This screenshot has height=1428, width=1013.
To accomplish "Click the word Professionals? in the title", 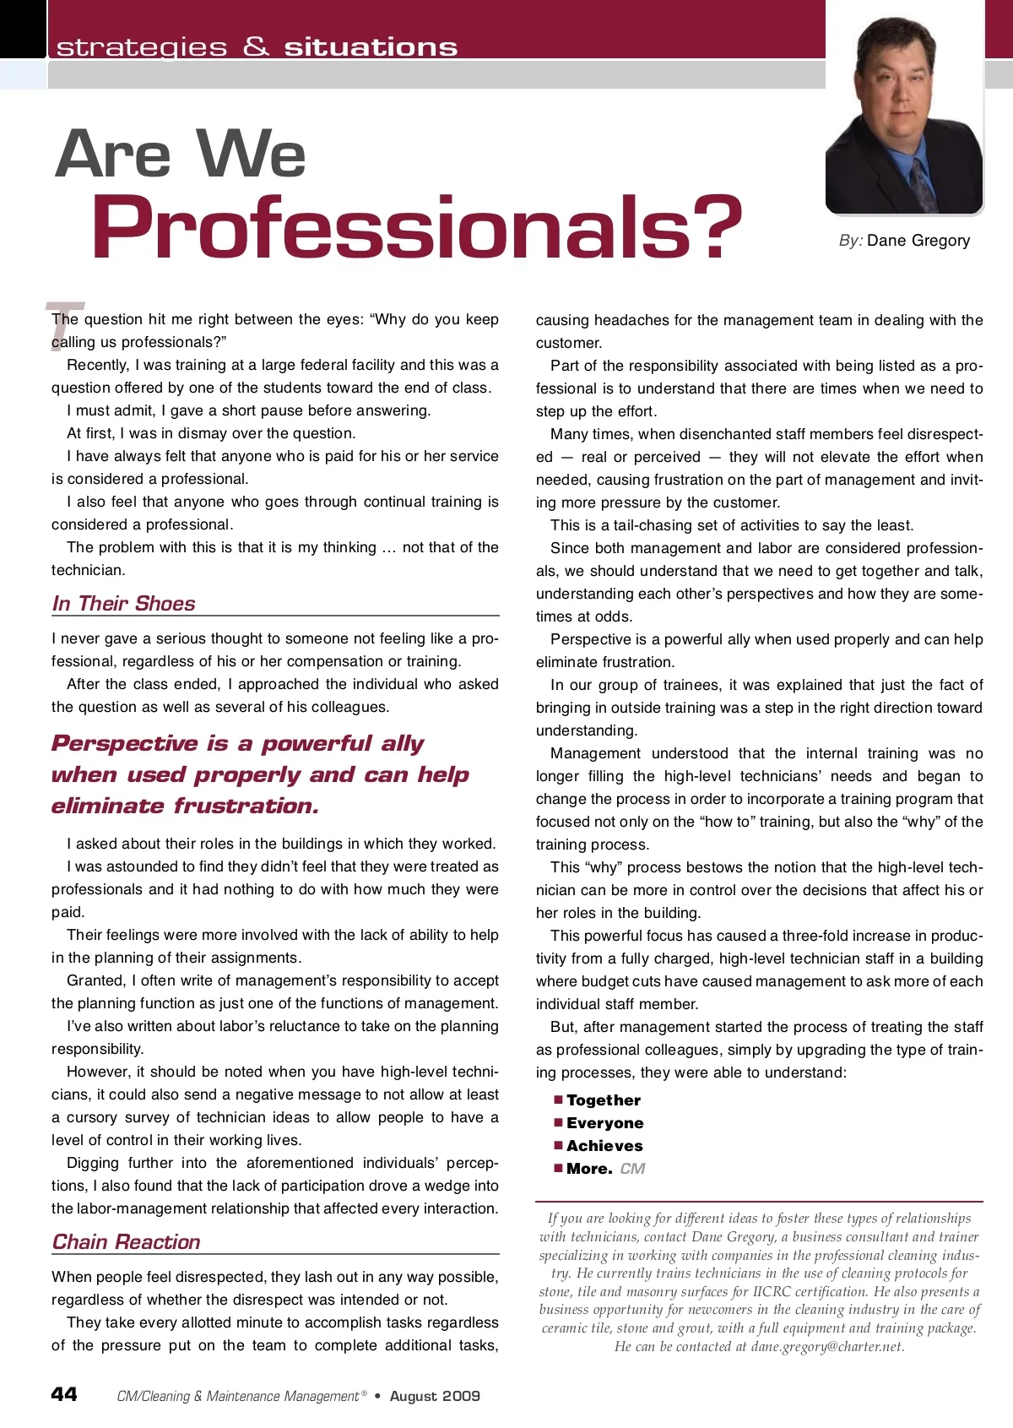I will click(x=417, y=228).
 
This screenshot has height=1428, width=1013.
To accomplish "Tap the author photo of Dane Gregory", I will click(x=904, y=114).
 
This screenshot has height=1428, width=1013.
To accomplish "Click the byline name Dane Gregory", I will click(x=918, y=241).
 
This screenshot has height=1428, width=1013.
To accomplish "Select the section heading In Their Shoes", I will click(x=123, y=604).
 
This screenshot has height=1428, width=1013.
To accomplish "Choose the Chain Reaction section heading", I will click(x=127, y=1242).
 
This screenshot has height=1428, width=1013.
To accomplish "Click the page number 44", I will click(x=64, y=1394).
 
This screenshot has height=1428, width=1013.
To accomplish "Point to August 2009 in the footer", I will click(x=435, y=1396).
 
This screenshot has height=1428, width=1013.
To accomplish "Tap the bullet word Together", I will click(x=604, y=1100).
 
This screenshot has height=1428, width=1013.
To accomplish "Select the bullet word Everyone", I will click(x=605, y=1123).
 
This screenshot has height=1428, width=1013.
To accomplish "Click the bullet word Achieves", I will click(x=604, y=1146).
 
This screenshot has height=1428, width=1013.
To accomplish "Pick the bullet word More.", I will click(x=589, y=1169).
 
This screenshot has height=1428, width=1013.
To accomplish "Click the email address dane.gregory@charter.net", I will click(x=827, y=1347).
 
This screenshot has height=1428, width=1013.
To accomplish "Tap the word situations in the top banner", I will click(x=371, y=47).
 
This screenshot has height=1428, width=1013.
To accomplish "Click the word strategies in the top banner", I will click(x=142, y=47).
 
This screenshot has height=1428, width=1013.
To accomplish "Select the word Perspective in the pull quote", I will click(x=125, y=744).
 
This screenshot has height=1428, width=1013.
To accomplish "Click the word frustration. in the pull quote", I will click(x=246, y=806).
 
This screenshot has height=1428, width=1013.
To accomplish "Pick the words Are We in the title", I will click(x=181, y=155).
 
